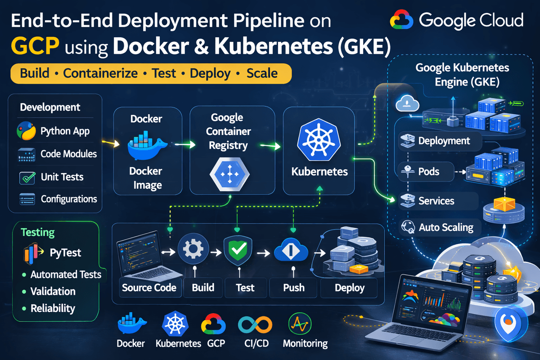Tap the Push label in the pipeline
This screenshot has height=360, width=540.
coord(293,288)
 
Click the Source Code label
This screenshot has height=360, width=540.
coord(149,288)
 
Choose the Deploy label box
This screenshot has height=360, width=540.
coord(349,288)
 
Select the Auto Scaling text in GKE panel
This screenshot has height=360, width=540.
coord(445,227)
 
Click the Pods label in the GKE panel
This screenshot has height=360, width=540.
coord(428,171)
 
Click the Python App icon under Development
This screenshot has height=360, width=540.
coord(26,131)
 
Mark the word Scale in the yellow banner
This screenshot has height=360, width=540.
coord(262,73)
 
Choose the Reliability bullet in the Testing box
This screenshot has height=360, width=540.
coord(53,309)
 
